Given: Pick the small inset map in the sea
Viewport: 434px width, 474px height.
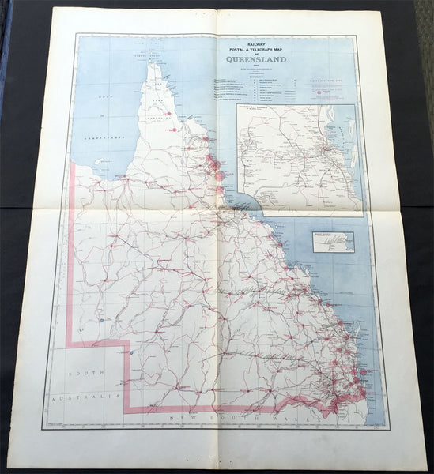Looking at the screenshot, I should coord(333,242).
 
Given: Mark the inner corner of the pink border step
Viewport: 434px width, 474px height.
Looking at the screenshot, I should coord(129,342).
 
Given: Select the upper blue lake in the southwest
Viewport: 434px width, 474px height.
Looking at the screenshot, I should coord(102,320).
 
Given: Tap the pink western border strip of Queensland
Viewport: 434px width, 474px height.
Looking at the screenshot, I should coord(70,253).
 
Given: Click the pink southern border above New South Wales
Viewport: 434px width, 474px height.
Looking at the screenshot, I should coord(237,408).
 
